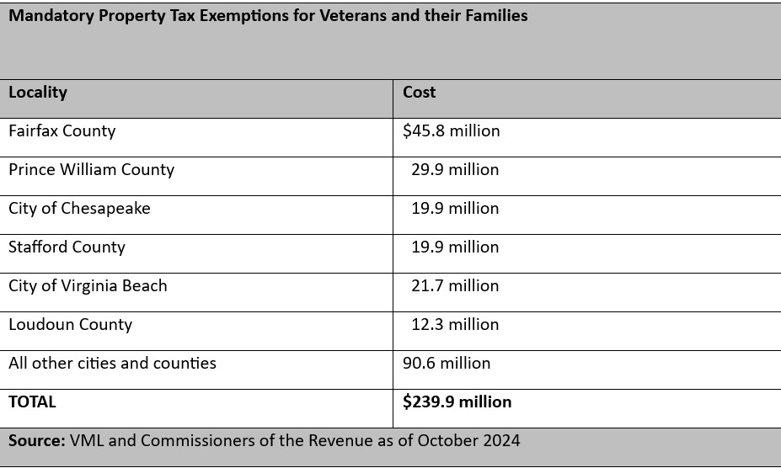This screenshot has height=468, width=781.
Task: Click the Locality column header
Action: [x=38, y=93]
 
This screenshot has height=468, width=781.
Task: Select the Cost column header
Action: [x=419, y=92]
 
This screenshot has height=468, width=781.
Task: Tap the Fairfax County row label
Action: [x=62, y=131]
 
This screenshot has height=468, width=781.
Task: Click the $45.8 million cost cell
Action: [x=452, y=131]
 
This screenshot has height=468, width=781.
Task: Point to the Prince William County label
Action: [x=91, y=170]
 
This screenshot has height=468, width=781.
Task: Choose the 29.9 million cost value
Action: [x=455, y=170]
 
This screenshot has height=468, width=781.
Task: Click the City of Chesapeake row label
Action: [x=79, y=209]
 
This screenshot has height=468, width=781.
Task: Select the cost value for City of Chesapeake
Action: [x=455, y=209]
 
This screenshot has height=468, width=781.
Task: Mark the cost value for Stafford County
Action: [x=455, y=247]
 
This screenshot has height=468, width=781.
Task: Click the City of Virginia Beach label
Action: [x=88, y=286]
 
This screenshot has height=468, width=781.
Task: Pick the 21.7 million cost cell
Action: [x=455, y=286]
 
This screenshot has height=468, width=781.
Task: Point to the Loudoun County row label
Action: [x=70, y=325]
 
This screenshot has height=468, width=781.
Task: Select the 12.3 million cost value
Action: [x=455, y=325]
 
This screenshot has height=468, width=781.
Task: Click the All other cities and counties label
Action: [x=112, y=364]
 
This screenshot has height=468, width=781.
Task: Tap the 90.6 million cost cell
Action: [x=447, y=364]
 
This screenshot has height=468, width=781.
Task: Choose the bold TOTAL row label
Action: [x=32, y=402]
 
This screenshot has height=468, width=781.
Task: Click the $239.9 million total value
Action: [x=457, y=402]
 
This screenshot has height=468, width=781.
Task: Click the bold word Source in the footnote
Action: [x=37, y=441]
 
